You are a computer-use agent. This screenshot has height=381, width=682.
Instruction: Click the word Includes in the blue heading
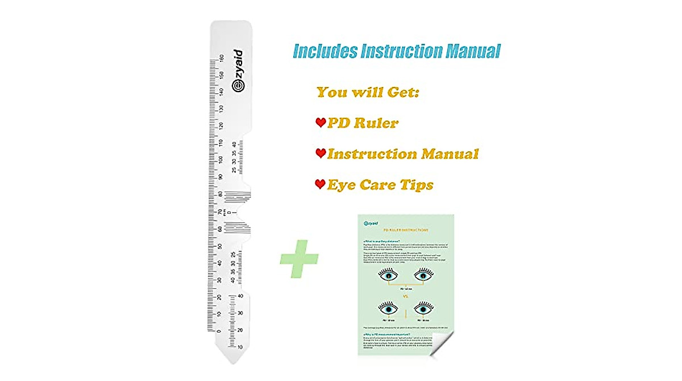coord(325,51)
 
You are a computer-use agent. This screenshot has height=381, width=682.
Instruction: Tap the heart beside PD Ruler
coord(321,122)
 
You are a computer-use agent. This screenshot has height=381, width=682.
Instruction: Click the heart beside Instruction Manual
coord(321,153)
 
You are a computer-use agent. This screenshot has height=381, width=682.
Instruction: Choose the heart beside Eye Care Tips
coord(321,184)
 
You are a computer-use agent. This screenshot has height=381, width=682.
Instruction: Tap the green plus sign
coord(299,259)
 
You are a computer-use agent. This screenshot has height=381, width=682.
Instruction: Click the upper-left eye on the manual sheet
coord(389,276)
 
